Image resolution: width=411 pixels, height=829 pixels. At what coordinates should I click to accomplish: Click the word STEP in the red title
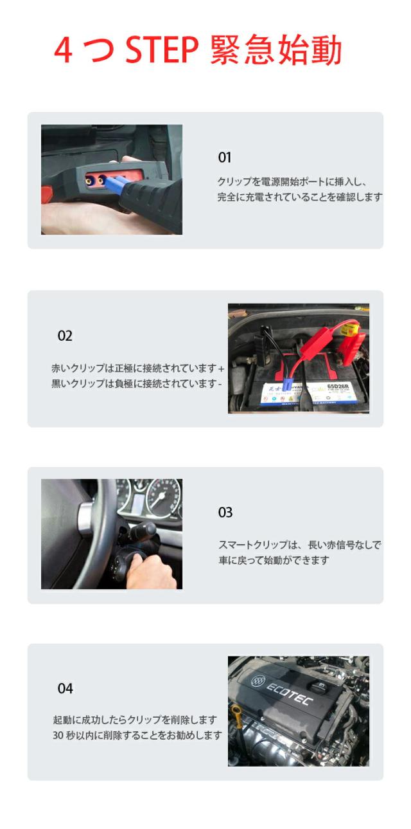pyautogui.click(x=162, y=50)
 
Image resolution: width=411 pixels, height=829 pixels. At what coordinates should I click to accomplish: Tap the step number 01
pyautogui.click(x=225, y=158)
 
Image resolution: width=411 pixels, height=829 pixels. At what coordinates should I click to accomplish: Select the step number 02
pyautogui.click(x=65, y=336)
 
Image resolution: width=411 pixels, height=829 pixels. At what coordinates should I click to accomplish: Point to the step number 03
pyautogui.click(x=225, y=512)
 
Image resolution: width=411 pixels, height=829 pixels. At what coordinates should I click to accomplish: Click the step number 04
pyautogui.click(x=65, y=688)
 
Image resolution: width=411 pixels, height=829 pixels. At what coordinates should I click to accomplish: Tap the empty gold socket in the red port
pyautogui.click(x=89, y=181)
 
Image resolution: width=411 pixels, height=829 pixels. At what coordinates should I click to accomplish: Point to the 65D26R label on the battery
pyautogui.click(x=338, y=387)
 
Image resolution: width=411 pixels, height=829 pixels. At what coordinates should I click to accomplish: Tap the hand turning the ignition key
pyautogui.click(x=151, y=571)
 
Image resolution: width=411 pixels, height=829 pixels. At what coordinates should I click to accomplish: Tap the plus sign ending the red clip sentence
pyautogui.click(x=221, y=369)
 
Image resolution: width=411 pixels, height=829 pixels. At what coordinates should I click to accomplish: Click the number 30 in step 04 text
pyautogui.click(x=58, y=735)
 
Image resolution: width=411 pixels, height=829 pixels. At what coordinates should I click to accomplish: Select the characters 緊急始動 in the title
pyautogui.click(x=275, y=50)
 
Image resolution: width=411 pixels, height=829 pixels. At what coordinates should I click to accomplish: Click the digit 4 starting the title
pyautogui.click(x=63, y=51)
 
